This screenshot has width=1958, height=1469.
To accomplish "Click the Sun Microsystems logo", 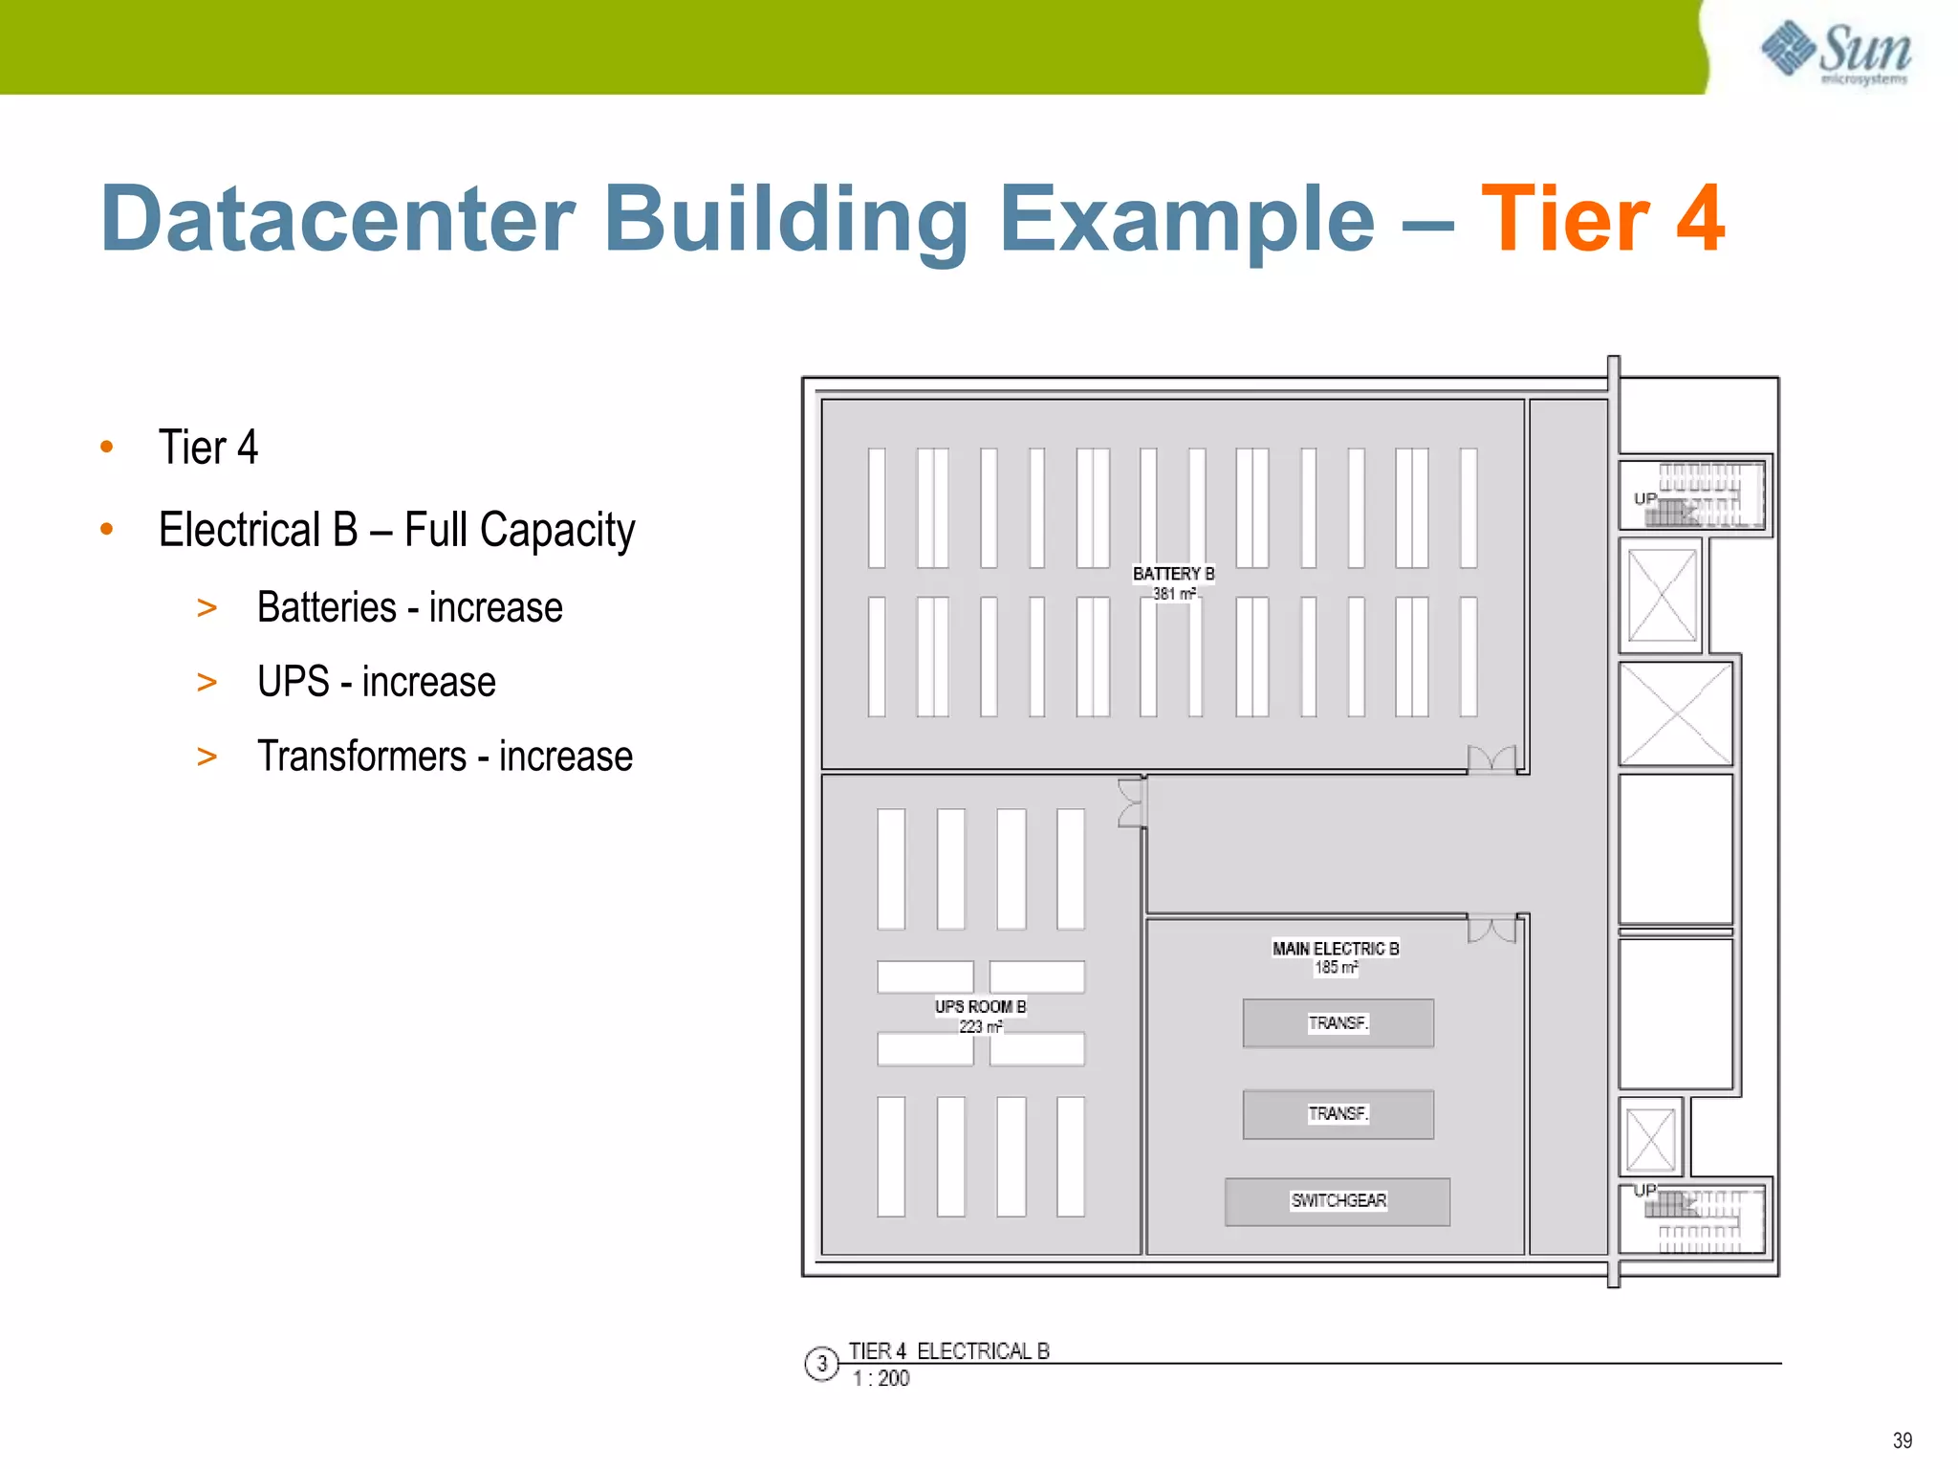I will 1837,53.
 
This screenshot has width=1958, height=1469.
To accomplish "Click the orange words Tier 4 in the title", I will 1602,220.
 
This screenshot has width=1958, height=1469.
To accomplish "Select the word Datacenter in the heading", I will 337,220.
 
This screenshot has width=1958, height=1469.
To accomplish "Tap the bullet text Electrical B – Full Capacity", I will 397,530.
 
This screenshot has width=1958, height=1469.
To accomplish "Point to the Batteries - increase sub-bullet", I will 409,608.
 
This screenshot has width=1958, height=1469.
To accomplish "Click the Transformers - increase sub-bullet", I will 445,756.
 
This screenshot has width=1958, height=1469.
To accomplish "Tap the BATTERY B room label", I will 1173,574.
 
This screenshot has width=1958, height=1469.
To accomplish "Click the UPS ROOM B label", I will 980,1007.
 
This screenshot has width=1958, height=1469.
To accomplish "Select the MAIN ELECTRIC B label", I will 1336,949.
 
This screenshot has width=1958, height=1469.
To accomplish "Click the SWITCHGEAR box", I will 1338,1201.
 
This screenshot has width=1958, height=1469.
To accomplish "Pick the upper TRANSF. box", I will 1338,1023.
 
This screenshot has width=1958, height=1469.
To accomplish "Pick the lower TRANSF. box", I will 1338,1114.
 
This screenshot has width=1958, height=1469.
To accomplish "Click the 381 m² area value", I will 1173,594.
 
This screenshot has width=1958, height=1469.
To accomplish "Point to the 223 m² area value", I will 980,1027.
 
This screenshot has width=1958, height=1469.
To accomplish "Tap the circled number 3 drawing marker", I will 821,1364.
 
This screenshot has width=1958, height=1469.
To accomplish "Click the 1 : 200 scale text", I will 881,1379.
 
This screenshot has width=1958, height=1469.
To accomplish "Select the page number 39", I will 1902,1440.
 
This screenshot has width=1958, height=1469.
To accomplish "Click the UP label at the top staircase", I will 1644,498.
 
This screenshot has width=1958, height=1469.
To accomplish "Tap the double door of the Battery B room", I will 1491,759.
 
